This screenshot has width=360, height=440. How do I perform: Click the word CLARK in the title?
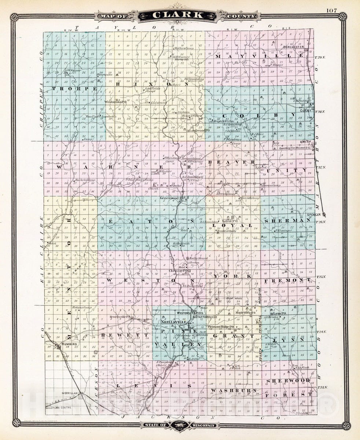pos(180,15)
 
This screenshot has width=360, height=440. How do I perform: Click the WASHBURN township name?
pos(234,390)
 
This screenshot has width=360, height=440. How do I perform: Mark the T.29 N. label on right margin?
pos(320,58)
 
